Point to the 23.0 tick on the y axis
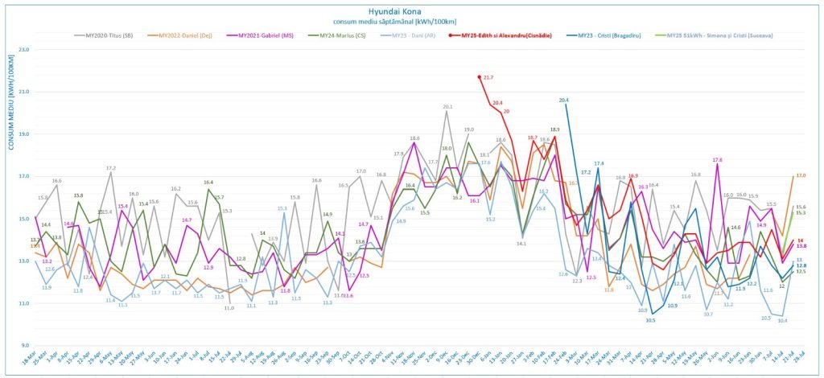(23, 50)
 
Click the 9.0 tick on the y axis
(24, 346)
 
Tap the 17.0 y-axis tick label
(23, 177)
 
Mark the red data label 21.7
(488, 77)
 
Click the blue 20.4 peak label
(563, 101)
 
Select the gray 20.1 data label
(447, 107)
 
